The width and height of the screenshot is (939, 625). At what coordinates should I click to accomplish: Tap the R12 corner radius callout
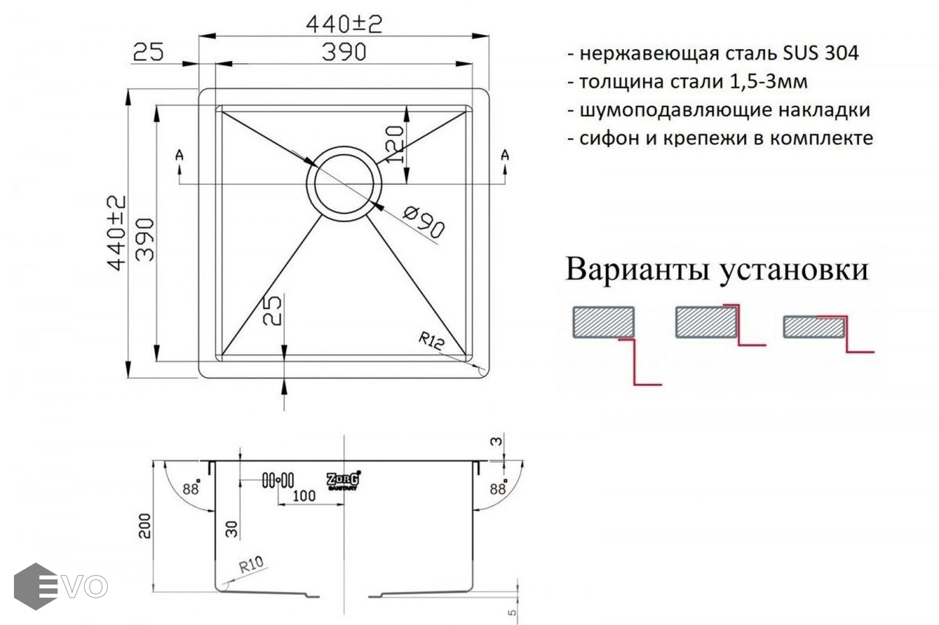431,341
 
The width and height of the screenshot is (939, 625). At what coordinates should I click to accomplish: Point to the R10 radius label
251,565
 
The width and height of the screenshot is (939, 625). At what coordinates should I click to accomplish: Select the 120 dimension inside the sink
395,144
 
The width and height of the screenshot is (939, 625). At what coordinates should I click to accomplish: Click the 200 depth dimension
144,526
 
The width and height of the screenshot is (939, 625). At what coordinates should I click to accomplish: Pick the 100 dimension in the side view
304,496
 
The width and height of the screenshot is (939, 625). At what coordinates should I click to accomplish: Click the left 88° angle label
191,488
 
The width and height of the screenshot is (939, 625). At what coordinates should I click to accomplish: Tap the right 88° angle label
499,488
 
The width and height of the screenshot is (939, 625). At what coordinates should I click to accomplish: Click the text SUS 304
820,53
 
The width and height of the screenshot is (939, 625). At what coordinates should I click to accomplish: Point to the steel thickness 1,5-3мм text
769,82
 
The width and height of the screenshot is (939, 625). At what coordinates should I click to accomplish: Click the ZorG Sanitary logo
343,480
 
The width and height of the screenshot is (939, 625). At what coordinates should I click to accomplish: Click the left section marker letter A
179,156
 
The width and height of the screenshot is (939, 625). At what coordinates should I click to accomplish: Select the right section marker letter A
505,156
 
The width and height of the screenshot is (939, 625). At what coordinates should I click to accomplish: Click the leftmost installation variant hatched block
604,322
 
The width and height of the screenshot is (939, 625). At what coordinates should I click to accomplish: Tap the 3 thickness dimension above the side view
497,442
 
